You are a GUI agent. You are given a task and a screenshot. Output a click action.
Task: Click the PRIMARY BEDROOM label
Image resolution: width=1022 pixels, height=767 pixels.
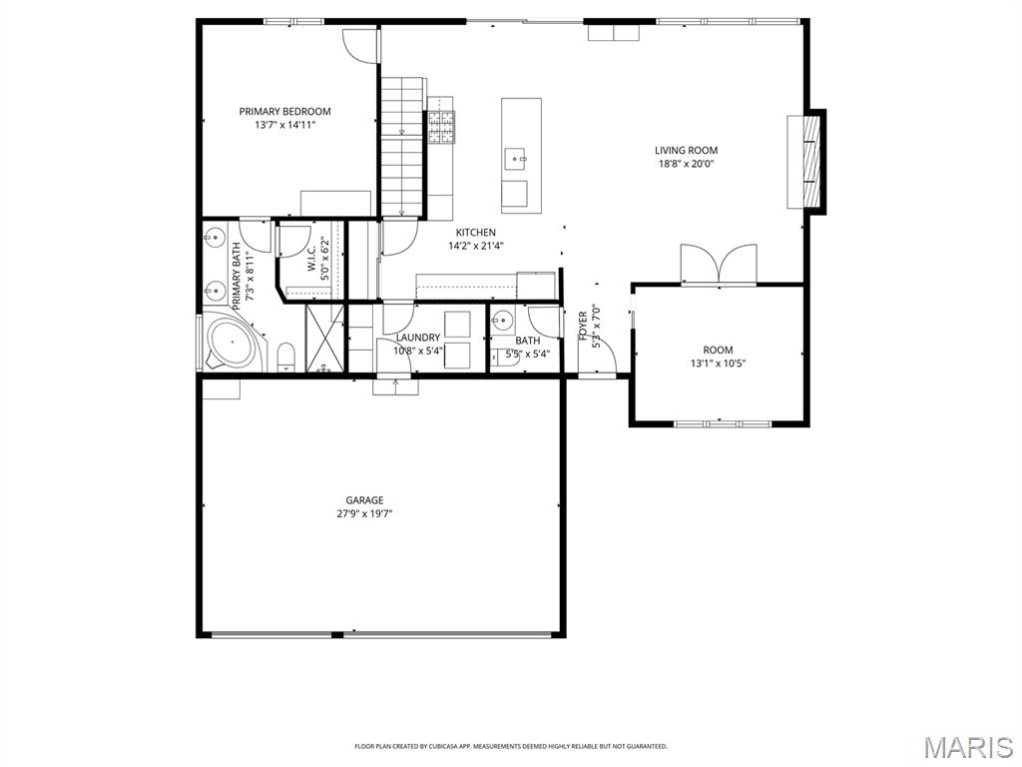point(284,112)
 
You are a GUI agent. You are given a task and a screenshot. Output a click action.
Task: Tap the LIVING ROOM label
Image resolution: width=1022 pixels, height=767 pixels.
point(686,151)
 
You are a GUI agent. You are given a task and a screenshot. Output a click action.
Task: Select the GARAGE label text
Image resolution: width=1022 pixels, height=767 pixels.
point(364,500)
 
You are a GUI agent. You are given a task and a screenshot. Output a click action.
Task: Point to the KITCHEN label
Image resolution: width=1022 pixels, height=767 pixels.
point(476,232)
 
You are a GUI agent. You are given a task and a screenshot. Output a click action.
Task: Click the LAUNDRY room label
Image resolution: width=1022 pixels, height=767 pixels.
point(418,338)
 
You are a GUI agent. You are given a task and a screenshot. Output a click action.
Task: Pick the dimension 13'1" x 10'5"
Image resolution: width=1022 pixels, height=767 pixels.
point(718,364)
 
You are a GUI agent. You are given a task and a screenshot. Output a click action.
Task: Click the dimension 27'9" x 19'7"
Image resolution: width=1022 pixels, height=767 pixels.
point(364,513)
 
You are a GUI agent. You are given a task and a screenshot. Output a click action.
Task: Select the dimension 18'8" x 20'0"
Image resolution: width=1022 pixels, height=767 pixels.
point(686,164)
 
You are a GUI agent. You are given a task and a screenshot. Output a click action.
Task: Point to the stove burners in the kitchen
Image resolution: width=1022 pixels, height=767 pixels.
point(440,127)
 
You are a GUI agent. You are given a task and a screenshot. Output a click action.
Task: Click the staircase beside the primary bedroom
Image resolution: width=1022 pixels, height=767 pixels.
point(402,146)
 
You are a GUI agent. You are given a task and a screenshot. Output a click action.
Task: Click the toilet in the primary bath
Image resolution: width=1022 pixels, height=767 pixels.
point(286,358)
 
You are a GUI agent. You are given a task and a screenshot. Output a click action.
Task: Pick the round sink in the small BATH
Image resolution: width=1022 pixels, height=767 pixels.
point(503,321)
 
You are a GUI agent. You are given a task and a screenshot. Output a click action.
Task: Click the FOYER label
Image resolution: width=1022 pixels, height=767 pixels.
point(583,326)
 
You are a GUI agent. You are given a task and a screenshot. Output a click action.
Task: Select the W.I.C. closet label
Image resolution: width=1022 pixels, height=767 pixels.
point(311,259)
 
